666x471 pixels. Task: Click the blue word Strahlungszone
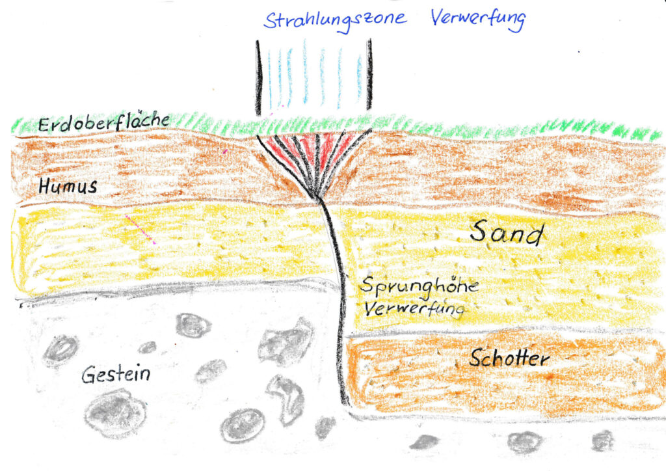pyautogui.click(x=335, y=20)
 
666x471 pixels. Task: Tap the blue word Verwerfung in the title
pyautogui.click(x=478, y=20)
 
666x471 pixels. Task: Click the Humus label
pyautogui.click(x=68, y=186)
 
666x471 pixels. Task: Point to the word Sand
pyautogui.click(x=507, y=232)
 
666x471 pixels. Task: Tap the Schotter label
pyautogui.click(x=509, y=358)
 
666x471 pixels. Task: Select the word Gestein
pyautogui.click(x=116, y=375)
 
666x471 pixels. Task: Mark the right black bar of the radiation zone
pyautogui.click(x=369, y=74)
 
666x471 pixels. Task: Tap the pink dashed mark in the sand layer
pyautogui.click(x=140, y=230)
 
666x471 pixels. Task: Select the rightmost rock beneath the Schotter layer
pyautogui.click(x=603, y=440)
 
